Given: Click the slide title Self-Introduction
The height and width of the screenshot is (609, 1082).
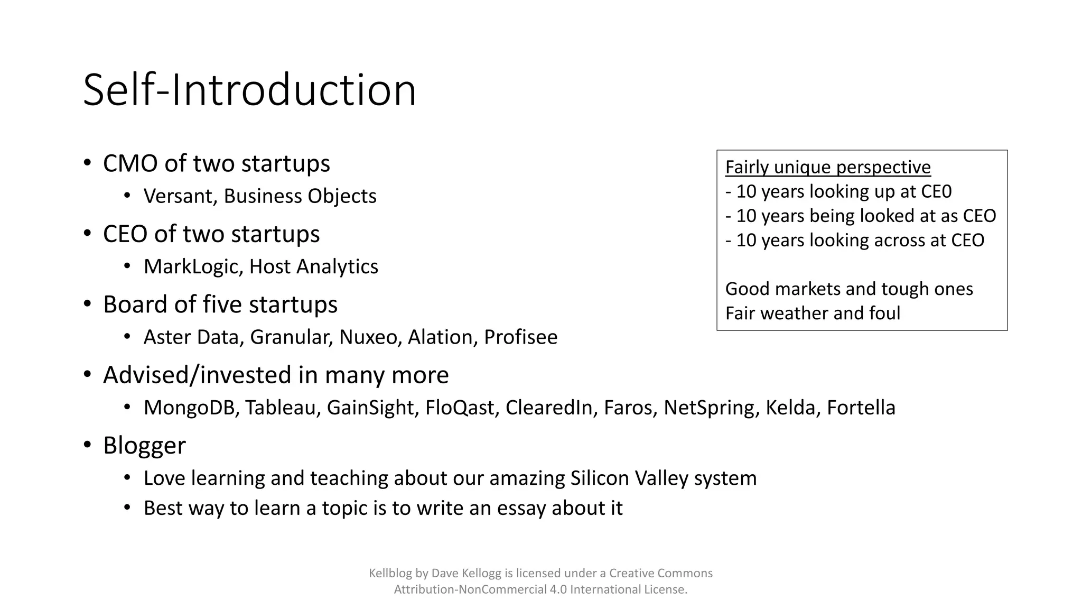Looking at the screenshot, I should click(249, 90).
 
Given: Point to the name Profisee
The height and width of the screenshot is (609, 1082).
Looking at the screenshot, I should click(520, 337).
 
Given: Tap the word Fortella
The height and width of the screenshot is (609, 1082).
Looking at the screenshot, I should click(861, 408).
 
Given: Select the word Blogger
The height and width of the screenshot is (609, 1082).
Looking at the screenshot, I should click(144, 445).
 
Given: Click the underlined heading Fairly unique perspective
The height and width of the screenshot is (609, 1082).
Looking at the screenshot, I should click(828, 167).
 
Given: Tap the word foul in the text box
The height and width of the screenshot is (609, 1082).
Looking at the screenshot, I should click(884, 313).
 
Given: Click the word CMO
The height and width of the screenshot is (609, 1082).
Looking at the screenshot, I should click(130, 163).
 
